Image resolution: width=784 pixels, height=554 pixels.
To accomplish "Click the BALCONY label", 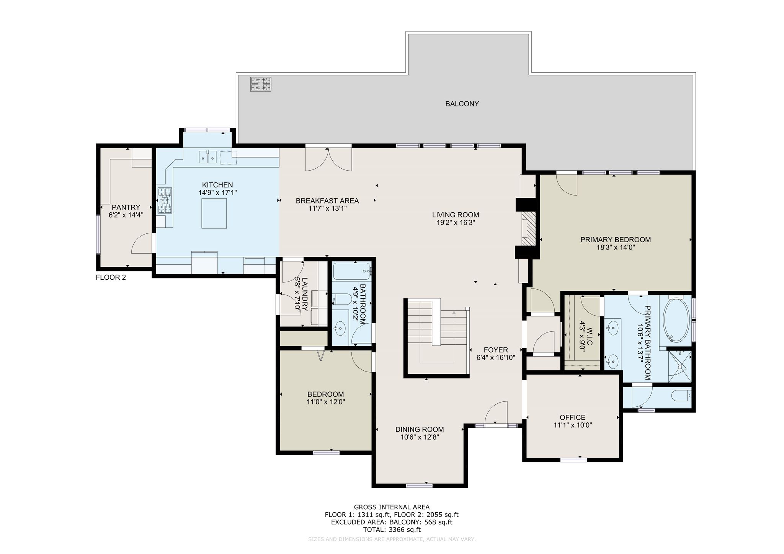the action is [x=462, y=104].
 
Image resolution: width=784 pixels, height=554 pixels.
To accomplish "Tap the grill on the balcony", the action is [x=261, y=84].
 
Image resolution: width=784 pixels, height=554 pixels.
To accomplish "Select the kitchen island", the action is [x=214, y=213].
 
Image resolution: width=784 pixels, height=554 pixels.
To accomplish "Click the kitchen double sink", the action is [x=207, y=157].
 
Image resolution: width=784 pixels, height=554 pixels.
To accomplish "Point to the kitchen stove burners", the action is [x=165, y=200].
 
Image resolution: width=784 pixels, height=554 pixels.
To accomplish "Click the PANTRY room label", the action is [x=126, y=207].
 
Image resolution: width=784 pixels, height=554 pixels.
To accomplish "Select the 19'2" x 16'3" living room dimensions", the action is [x=456, y=223].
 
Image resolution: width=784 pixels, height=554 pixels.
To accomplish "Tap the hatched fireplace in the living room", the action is [x=528, y=229].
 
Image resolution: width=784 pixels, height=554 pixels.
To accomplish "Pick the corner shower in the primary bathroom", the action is [x=680, y=366].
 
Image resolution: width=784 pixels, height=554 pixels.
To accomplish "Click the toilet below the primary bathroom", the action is [x=682, y=395].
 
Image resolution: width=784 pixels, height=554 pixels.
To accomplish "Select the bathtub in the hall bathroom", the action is [x=352, y=271].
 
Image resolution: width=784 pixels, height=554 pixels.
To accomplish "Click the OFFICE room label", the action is [x=572, y=417].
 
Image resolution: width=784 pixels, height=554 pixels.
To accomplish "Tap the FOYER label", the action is [x=496, y=350].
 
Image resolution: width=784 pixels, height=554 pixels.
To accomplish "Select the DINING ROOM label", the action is [x=420, y=429].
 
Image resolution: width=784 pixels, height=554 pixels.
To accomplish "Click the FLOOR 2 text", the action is [x=111, y=277].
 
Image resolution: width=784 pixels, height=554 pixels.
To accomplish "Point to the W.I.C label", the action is [x=590, y=336].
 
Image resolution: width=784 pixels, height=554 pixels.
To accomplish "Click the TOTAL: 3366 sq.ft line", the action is [x=392, y=530].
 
